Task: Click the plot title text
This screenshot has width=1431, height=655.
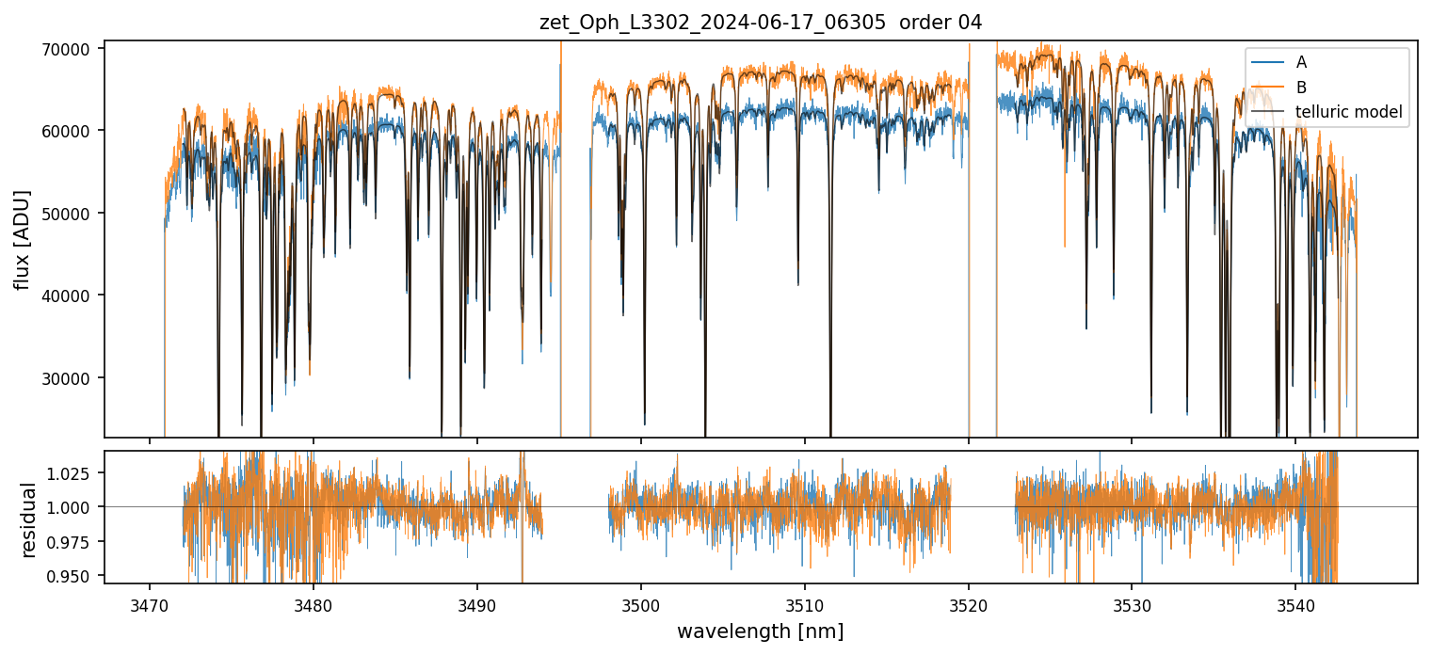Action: coord(761,23)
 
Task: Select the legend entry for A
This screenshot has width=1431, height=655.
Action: coord(1301,62)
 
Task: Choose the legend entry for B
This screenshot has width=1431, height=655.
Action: coord(1301,88)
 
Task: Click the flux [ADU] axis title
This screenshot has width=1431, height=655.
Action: coord(22,239)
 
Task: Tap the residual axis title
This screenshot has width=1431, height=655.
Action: coord(29,519)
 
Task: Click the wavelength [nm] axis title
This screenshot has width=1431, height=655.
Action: coord(760,631)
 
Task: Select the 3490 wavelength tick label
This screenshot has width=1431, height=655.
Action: coord(476,603)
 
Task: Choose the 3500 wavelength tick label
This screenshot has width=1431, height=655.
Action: coord(640,603)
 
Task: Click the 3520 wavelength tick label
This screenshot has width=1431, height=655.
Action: coord(968,603)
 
